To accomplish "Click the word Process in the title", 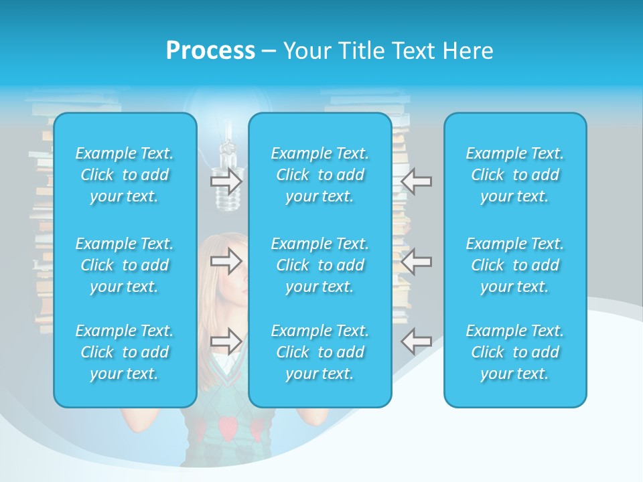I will click(210, 51).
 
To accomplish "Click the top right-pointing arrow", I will click(226, 181).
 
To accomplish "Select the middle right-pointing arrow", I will click(226, 261).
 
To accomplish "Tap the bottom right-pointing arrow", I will click(226, 341).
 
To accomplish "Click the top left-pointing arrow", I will click(417, 181).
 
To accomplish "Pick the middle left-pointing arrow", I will click(417, 261).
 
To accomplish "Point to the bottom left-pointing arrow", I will click(417, 341).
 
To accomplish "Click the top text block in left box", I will click(125, 175).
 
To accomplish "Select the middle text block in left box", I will click(125, 265).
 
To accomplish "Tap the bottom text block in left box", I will click(125, 352).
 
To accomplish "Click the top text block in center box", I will click(319, 175).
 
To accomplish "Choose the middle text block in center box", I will click(319, 265).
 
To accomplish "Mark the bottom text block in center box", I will click(319, 352).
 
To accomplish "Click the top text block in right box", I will click(514, 175).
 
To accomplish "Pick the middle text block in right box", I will click(514, 265).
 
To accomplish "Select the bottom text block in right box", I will click(514, 352).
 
